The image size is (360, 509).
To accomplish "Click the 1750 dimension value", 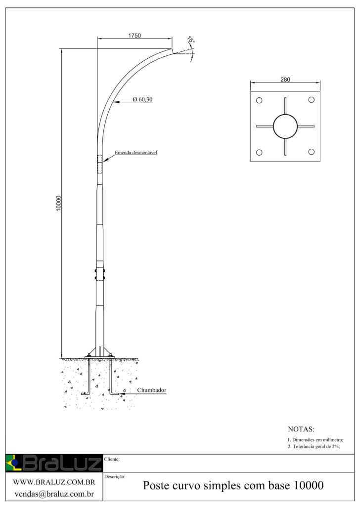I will click(135, 36).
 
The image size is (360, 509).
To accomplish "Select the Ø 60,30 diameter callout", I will click(142, 100).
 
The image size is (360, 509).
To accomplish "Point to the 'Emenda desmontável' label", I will click(135, 153).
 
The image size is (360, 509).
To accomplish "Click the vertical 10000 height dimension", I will click(58, 204).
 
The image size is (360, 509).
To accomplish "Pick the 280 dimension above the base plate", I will click(285, 80).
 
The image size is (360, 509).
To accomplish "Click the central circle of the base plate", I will click(285, 127).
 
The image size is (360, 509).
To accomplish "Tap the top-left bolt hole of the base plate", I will click(259, 100).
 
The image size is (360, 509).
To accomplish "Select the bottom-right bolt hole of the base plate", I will click(312, 152).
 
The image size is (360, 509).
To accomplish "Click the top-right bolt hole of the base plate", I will click(312, 100).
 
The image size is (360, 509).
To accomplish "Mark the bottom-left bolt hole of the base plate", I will click(259, 152).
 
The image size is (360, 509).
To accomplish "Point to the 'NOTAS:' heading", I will click(301, 429).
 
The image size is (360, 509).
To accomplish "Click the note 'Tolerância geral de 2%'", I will click(314, 446).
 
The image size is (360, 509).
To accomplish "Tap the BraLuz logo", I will click(53, 463).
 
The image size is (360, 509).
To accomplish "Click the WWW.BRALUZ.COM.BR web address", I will click(54, 482).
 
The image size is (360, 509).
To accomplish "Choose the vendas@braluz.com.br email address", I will click(54, 493).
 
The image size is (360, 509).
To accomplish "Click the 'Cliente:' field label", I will click(113, 459).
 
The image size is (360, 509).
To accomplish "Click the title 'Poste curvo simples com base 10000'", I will click(233, 486).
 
